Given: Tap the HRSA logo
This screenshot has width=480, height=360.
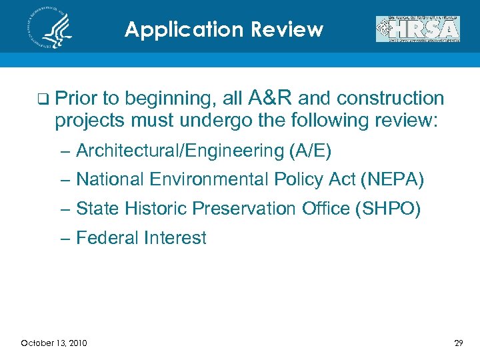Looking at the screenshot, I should coord(418,29).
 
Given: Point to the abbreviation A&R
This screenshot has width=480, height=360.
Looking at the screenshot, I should coord(270,99).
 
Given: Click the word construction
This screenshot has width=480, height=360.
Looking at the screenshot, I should coord(391,99).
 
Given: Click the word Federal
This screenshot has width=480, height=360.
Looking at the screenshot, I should coord(103,238).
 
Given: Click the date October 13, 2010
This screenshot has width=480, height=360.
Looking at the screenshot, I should coord(53,343).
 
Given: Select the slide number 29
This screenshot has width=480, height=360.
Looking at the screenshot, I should coord(458,343).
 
